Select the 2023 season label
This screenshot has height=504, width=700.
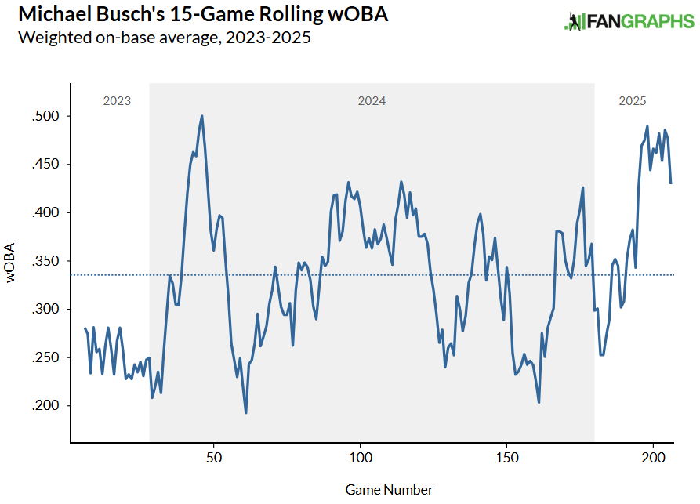pyautogui.click(x=117, y=101)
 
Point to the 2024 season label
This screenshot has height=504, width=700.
pyautogui.click(x=372, y=101)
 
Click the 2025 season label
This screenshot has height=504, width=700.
pyautogui.click(x=633, y=101)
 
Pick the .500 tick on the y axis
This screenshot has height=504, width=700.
pyautogui.click(x=45, y=117)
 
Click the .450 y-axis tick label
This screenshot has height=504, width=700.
pyautogui.click(x=45, y=165)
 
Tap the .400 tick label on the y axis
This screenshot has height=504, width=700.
pyautogui.click(x=45, y=213)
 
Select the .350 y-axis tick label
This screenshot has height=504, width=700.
pyautogui.click(x=45, y=261)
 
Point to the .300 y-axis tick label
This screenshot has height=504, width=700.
pyautogui.click(x=45, y=310)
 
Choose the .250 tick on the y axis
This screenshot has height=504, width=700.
pyautogui.click(x=45, y=357)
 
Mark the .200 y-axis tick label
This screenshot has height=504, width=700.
pyautogui.click(x=45, y=406)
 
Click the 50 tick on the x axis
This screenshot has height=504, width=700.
pyautogui.click(x=214, y=456)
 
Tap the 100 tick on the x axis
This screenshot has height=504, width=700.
pyautogui.click(x=360, y=456)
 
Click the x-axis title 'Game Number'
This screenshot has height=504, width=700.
pyautogui.click(x=389, y=490)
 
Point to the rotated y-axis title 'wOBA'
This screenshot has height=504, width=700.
pyautogui.click(x=12, y=267)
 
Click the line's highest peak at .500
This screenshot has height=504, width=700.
pyautogui.click(x=202, y=116)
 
